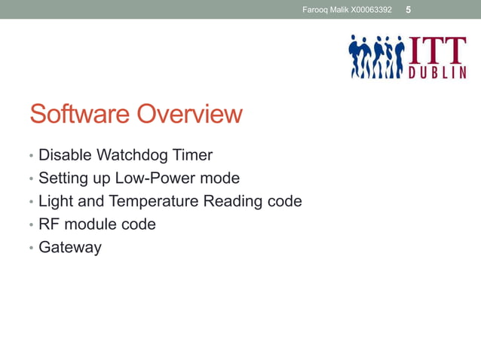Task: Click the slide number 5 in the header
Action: point(409,9)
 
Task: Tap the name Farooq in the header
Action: point(315,10)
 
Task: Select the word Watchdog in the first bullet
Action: point(131,156)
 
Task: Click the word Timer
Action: point(192,156)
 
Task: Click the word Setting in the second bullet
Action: point(63,178)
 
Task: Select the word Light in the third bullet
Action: point(55,201)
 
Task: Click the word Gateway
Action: point(69,247)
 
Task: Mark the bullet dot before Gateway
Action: point(31,248)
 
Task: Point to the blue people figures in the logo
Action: point(376,57)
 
